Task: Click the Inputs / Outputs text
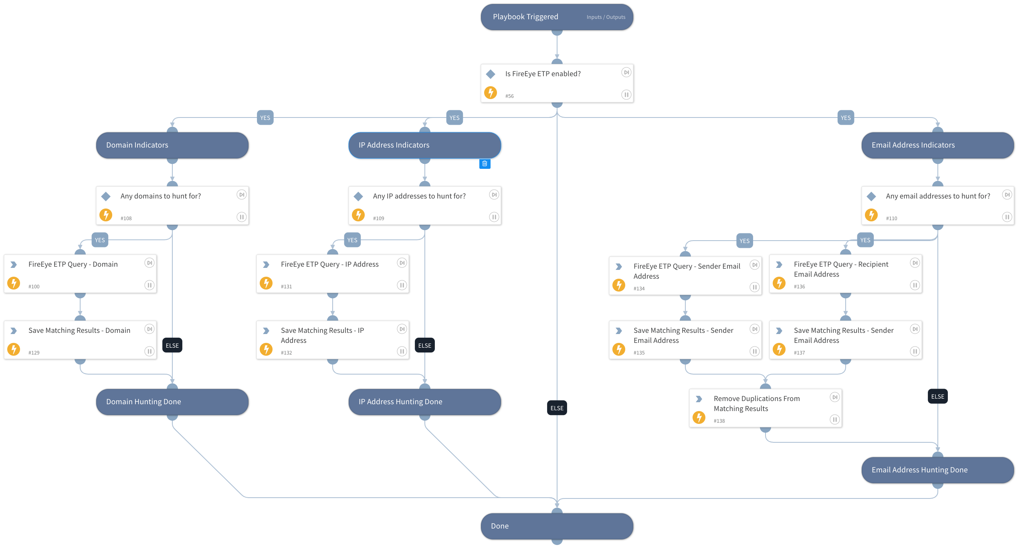[x=606, y=17]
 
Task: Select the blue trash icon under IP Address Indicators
[x=485, y=164]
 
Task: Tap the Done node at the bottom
[x=557, y=526]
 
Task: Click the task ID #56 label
[x=509, y=96]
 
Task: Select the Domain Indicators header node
[x=172, y=145]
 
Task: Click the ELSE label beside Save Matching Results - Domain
[x=172, y=345]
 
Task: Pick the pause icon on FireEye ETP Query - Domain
[x=149, y=285]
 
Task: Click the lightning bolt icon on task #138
[x=699, y=417]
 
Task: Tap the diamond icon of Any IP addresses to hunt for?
[x=358, y=197]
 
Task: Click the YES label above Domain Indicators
[x=265, y=118]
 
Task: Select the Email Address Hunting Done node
[x=937, y=470]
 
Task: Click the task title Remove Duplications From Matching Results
[x=756, y=403]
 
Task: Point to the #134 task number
[x=639, y=289]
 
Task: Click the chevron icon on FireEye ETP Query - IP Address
[x=266, y=265]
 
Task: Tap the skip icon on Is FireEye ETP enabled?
[x=626, y=73]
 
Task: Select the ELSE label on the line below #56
[x=557, y=408]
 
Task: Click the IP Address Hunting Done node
[x=424, y=401]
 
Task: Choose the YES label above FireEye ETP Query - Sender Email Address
[x=744, y=241]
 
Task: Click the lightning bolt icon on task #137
[x=779, y=349]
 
